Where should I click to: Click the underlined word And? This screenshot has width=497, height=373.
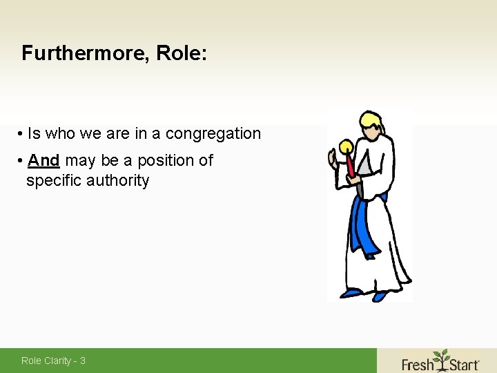[x=43, y=161]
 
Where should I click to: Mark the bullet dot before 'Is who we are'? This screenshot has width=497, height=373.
[x=22, y=134]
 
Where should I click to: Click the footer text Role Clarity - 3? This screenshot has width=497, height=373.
[x=53, y=361]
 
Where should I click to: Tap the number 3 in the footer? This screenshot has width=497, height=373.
[x=82, y=361]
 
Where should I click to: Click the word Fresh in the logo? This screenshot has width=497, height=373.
[x=418, y=363]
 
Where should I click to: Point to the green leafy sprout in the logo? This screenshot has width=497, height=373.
[x=440, y=355]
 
